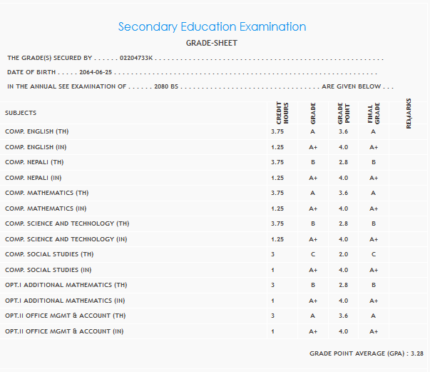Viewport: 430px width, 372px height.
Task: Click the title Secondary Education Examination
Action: point(212,27)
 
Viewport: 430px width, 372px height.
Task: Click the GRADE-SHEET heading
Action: point(212,43)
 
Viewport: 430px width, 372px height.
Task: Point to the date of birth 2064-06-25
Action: point(97,72)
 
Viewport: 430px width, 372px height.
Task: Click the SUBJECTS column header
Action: point(21,113)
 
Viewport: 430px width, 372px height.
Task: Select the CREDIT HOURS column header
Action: point(282,114)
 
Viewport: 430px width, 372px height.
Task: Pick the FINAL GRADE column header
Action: point(374,114)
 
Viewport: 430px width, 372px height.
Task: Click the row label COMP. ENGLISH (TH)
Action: point(37,131)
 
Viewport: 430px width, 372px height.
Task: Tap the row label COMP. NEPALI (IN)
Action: point(34,178)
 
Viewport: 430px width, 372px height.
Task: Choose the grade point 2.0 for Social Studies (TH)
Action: point(343,254)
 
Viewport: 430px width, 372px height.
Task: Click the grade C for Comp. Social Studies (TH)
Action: point(312,254)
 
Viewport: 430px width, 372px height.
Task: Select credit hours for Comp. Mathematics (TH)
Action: point(277,193)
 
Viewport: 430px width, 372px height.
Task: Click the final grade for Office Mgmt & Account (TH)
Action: point(373,316)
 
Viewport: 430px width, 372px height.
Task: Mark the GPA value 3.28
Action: point(417,353)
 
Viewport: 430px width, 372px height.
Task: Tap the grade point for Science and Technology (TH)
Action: point(343,223)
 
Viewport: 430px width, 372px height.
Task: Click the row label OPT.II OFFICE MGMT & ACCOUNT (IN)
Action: point(64,331)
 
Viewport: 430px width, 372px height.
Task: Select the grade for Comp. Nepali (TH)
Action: point(312,162)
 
